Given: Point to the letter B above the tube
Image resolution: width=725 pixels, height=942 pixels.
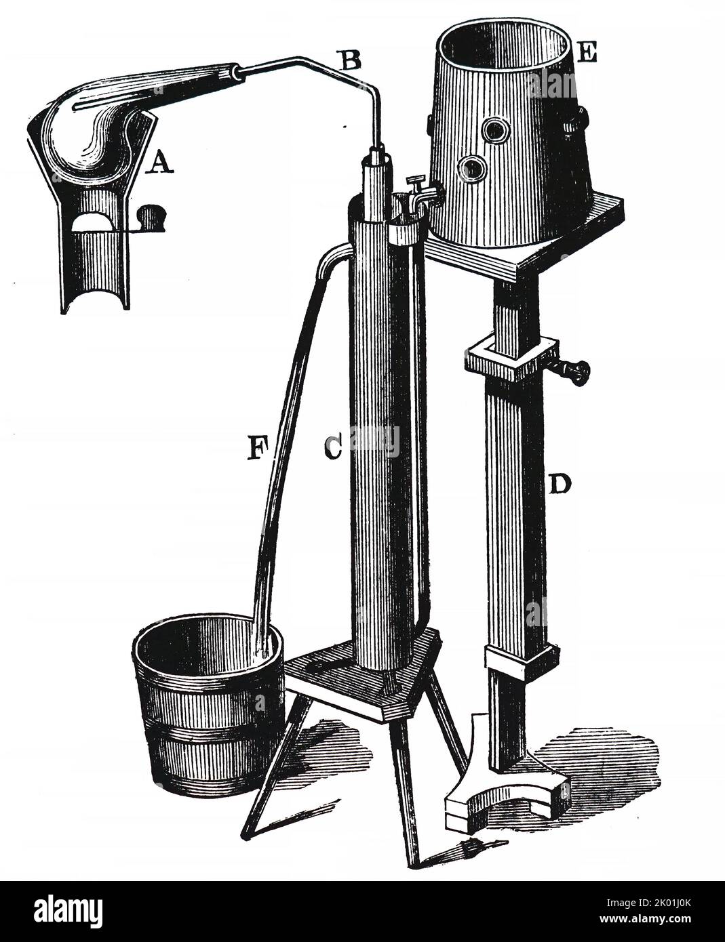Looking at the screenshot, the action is [x=351, y=60].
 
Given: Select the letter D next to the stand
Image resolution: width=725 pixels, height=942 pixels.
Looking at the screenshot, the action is [x=560, y=485].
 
